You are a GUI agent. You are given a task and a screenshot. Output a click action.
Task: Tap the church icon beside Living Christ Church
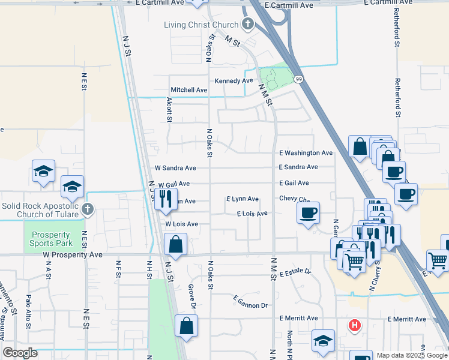tap(247, 24)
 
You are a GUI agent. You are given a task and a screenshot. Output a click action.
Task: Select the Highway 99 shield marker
tap(298, 79)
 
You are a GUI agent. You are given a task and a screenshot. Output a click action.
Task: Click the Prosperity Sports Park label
tap(52, 239)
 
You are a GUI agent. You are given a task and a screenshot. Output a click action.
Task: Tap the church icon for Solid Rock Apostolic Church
tap(88, 209)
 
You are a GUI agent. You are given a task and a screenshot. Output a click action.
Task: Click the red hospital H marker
tap(355, 325)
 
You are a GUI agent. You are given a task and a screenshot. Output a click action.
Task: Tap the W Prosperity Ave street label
tap(73, 254)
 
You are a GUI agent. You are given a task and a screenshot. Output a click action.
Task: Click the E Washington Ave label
tap(306, 153)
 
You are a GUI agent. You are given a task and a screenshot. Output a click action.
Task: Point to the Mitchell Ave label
tap(189, 90)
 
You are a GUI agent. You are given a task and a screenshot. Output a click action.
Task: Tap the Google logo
tap(20, 353)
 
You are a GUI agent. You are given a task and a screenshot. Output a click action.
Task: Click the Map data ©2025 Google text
tap(411, 355)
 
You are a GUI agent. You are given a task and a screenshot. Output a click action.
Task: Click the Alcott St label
tap(169, 112)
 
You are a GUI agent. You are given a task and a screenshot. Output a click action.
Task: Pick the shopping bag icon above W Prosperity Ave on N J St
tap(175, 244)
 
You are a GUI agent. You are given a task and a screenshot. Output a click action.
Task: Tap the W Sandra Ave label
tap(175, 168)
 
